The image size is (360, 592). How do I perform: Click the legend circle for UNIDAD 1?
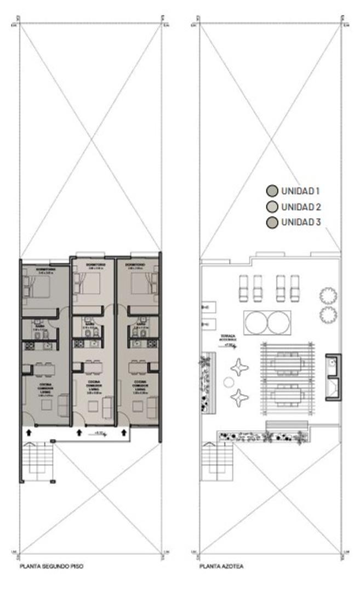tap(271, 191)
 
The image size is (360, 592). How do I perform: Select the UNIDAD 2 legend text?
tap(300, 207)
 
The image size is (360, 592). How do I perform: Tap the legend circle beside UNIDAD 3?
tap(271, 223)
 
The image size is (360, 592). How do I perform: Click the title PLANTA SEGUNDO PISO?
tap(51, 566)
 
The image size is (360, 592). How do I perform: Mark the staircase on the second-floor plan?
tap(38, 461)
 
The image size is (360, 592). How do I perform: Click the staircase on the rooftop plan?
tap(218, 461)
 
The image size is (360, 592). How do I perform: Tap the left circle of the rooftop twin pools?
tap(256, 322)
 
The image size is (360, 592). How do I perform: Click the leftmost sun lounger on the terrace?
tap(243, 288)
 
